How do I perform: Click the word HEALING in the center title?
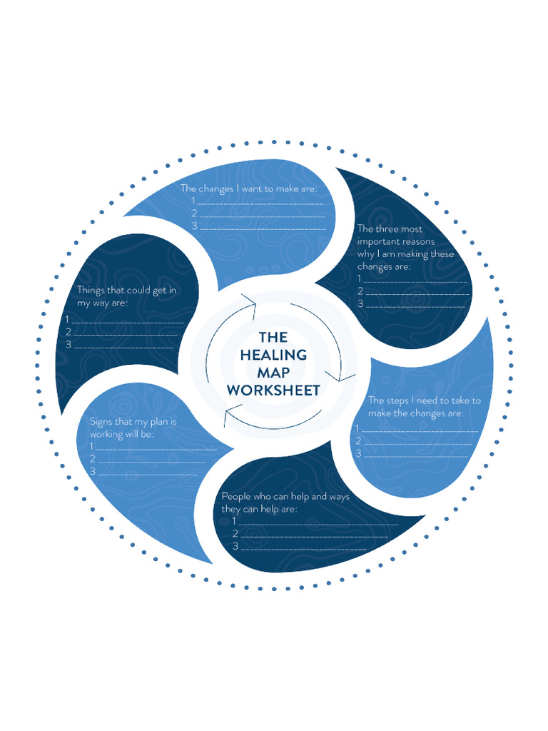(273, 355)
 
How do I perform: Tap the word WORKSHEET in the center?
(273, 390)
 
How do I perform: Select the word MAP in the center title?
(273, 373)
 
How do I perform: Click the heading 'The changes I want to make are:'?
(248, 188)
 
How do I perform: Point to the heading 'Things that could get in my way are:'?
(126, 296)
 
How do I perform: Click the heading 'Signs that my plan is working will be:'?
(133, 428)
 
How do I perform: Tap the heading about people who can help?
(285, 503)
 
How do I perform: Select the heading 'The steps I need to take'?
(424, 407)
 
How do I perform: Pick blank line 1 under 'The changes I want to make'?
(260, 203)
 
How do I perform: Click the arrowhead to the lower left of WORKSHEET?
(228, 416)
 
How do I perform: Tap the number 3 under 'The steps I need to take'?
(358, 453)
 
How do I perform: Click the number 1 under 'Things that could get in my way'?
(67, 319)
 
